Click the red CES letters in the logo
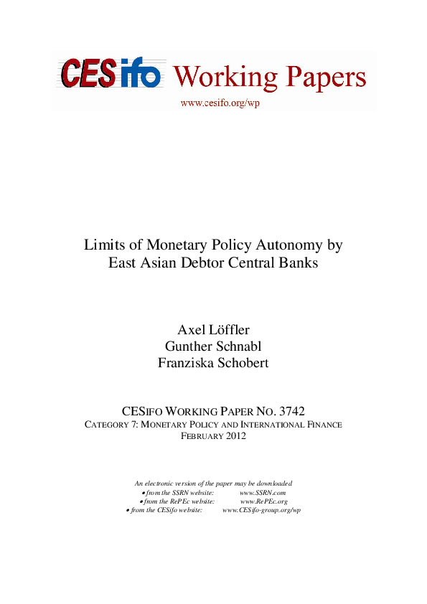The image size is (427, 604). click(x=87, y=73)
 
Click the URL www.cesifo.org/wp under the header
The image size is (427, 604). click(x=220, y=103)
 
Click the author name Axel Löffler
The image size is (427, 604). click(x=213, y=329)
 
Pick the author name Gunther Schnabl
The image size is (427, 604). click(x=213, y=346)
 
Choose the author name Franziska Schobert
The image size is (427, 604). click(x=213, y=362)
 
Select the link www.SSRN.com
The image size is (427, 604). click(x=263, y=493)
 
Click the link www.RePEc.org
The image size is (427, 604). click(x=263, y=501)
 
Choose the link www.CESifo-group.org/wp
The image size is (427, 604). click(x=261, y=510)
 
